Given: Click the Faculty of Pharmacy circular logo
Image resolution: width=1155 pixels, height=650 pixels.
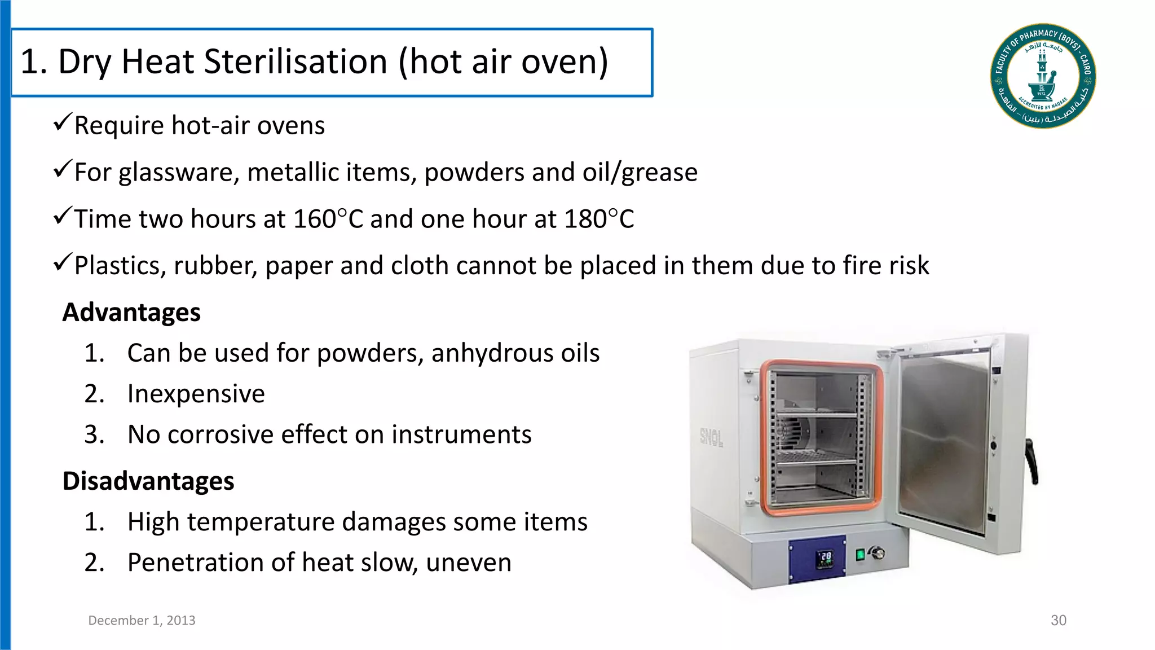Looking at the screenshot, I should (1043, 76).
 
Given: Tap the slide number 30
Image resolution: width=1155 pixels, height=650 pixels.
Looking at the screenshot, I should (1058, 620).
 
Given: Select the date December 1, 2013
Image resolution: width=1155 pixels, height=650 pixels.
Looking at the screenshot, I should (142, 620).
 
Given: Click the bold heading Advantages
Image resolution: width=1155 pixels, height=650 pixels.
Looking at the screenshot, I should (131, 313).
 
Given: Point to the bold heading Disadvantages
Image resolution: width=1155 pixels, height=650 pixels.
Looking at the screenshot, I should (148, 481).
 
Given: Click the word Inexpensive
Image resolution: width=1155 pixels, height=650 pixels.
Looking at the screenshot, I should (196, 394).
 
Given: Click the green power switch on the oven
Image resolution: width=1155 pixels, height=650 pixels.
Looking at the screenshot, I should (860, 555).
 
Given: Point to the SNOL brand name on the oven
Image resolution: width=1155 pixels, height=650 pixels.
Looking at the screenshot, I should (711, 436).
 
